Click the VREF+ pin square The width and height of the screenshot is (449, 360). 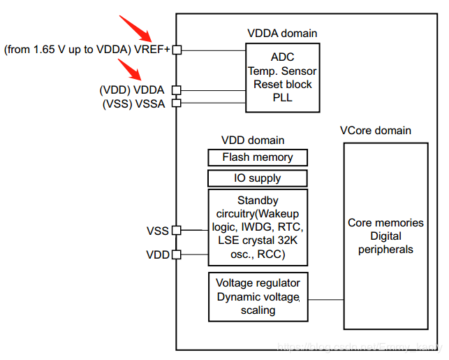177,50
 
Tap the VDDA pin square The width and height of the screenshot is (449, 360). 177,89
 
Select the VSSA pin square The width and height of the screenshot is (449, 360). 177,103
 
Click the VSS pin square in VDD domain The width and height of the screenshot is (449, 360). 177,230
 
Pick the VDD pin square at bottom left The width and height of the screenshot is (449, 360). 177,254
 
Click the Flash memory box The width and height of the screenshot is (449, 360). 258,157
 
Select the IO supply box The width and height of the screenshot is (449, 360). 258,178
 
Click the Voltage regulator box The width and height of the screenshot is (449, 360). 258,296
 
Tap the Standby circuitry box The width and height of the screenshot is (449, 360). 258,227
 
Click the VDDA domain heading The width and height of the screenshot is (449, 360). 282,33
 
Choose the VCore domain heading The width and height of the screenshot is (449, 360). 375,131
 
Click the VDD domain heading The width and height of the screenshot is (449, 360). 253,140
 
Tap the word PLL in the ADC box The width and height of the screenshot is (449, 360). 282,98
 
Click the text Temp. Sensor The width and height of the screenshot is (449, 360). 282,71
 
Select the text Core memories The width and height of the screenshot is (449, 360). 385,223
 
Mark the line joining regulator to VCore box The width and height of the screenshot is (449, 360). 325,299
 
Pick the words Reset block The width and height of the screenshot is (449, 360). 282,85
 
